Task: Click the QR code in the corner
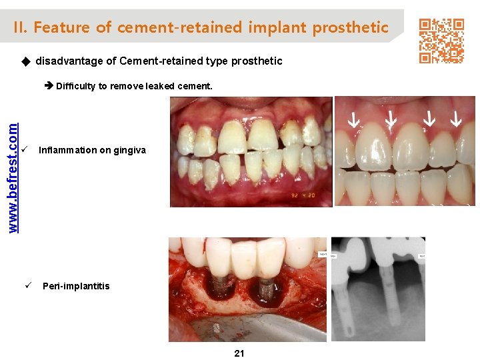pyautogui.click(x=441, y=41)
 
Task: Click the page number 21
pyautogui.click(x=239, y=353)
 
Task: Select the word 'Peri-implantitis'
pyautogui.click(x=76, y=286)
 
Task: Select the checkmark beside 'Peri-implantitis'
pyautogui.click(x=29, y=285)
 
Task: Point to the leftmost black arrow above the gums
pyautogui.click(x=353, y=121)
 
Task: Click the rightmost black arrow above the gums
pyautogui.click(x=456, y=120)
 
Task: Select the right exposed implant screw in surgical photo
pyautogui.click(x=265, y=291)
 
